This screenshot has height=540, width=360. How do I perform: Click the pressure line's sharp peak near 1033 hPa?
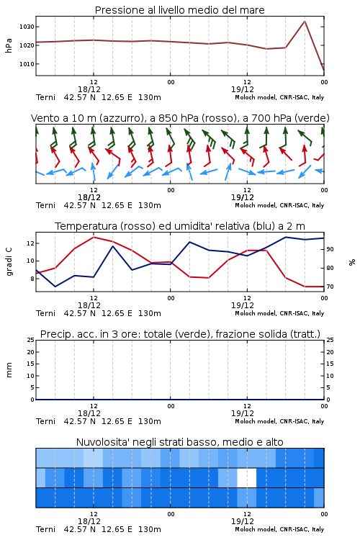click(x=305, y=22)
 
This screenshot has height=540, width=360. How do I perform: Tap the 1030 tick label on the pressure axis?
click(x=27, y=27)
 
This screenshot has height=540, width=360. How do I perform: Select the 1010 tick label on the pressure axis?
click(x=27, y=64)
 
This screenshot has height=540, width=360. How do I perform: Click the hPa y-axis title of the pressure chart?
click(x=9, y=45)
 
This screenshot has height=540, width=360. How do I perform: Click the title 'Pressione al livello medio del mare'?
click(x=180, y=10)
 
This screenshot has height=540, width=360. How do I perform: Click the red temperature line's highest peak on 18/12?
click(x=94, y=237)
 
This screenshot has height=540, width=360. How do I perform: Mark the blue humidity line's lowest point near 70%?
click(x=55, y=286)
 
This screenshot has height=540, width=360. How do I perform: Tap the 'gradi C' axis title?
click(x=9, y=262)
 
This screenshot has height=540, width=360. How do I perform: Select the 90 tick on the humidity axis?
click(x=330, y=249)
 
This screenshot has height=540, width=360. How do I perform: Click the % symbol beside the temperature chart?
click(x=352, y=262)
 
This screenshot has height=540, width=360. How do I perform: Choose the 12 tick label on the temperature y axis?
click(x=30, y=243)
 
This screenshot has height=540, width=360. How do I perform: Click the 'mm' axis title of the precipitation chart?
click(x=9, y=370)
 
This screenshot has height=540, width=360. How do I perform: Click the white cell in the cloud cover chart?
click(x=247, y=477)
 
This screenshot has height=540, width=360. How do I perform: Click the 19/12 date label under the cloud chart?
click(x=243, y=521)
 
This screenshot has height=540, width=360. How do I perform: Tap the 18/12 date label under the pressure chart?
click(x=89, y=89)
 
